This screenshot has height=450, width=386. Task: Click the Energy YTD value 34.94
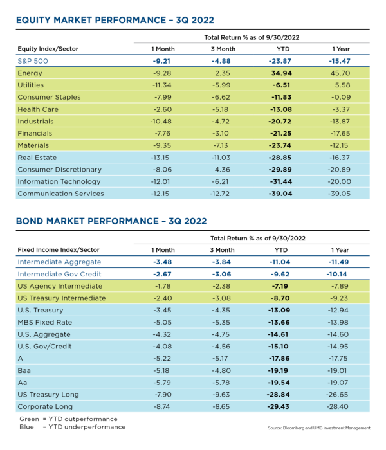coord(282,73)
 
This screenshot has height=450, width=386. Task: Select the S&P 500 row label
coord(33,61)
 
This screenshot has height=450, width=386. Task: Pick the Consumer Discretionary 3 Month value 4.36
coord(223,170)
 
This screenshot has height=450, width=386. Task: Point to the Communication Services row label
coord(60,194)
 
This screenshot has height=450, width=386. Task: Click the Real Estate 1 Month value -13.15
coord(160,157)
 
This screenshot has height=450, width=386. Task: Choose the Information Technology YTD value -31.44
coord(281,182)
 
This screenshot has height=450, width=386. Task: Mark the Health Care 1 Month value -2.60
coord(162,109)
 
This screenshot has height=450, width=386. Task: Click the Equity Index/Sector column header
coord(48,49)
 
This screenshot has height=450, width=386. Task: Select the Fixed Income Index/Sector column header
coord(59,250)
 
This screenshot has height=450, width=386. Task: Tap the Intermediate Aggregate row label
coord(59,262)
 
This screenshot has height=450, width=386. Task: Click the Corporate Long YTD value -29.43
coord(278,407)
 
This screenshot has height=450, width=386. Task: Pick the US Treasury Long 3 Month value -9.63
coord(221,395)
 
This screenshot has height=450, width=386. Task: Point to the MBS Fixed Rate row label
coord(45,322)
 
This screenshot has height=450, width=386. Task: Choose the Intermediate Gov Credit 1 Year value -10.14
coord(336,274)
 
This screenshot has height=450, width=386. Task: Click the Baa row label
coord(24,370)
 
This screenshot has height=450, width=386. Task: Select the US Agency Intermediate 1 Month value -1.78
coord(162,286)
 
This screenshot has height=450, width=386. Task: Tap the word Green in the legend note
coord(29,419)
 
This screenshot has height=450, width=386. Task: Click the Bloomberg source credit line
coord(319,428)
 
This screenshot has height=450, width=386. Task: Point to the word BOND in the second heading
coord(30,221)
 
